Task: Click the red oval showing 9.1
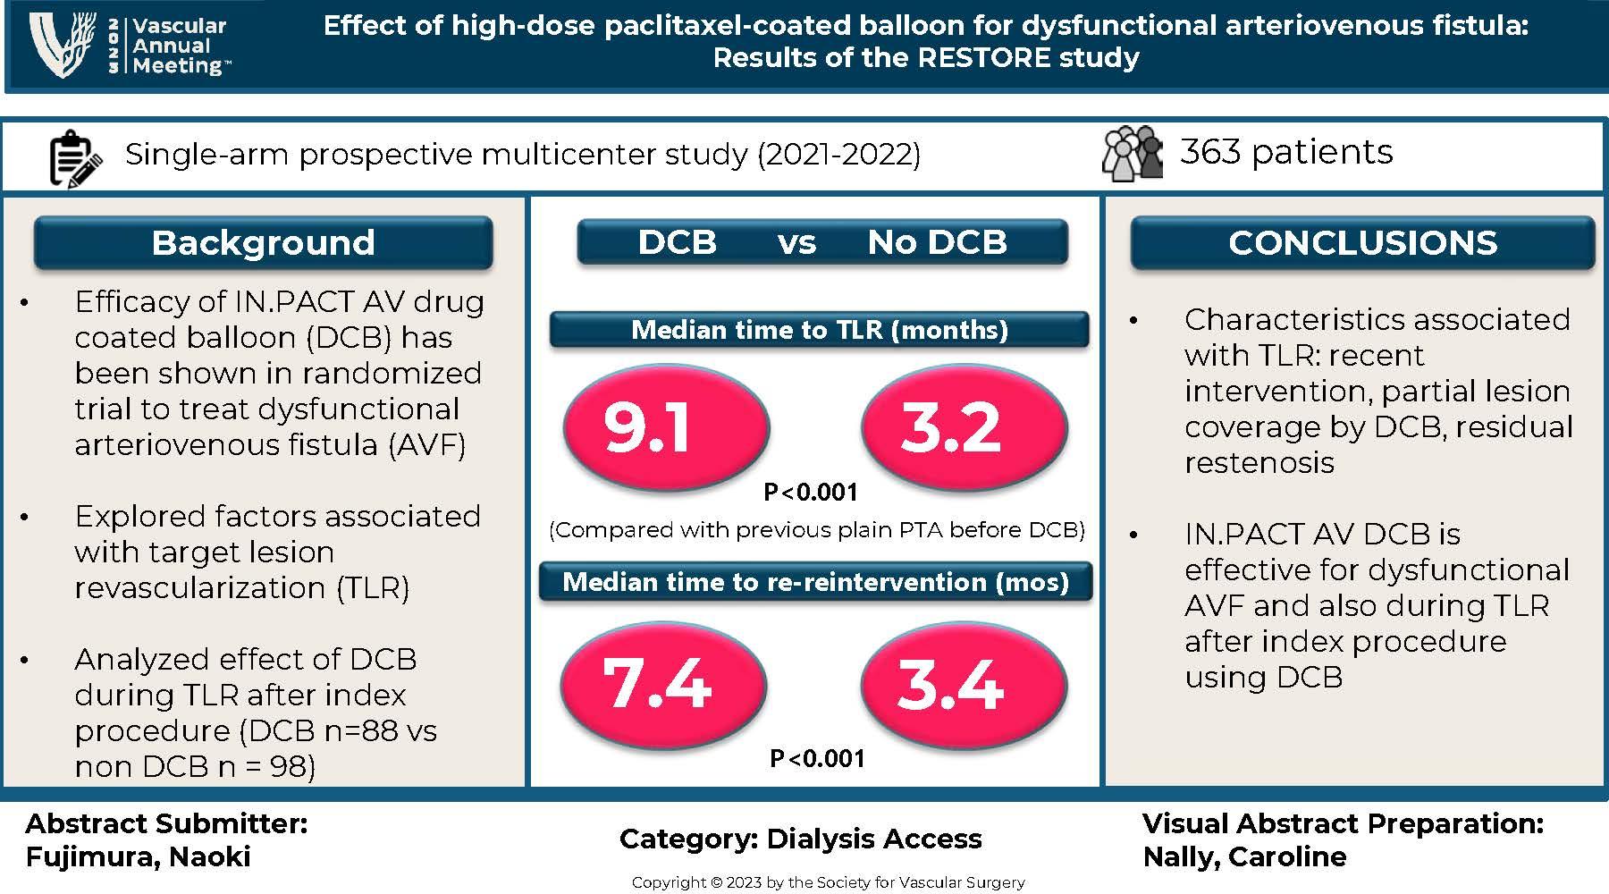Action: point(666,426)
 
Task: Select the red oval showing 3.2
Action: point(964,426)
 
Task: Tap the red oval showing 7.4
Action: point(663,685)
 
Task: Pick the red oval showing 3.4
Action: point(964,685)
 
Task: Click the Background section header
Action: point(263,242)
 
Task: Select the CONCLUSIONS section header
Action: point(1362,242)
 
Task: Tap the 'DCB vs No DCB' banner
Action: point(822,242)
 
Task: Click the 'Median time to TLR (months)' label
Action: point(819,330)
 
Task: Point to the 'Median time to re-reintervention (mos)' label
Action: point(815,582)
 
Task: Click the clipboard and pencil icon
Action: point(74,158)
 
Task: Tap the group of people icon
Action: point(1133,153)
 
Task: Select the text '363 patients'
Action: point(1286,152)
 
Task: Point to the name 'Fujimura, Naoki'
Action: point(138,856)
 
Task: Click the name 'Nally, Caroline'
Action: point(1244,856)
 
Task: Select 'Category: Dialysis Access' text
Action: point(800,839)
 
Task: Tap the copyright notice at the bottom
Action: point(828,882)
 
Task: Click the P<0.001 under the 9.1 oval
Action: point(810,492)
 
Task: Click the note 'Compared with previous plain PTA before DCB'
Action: point(816,530)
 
